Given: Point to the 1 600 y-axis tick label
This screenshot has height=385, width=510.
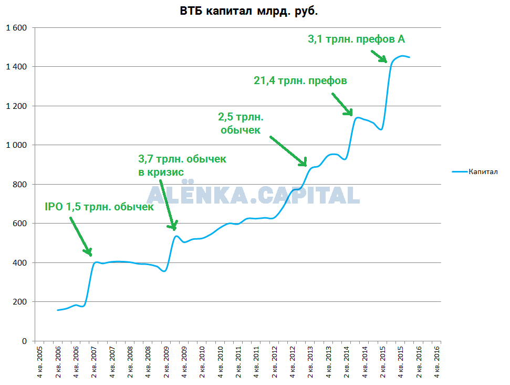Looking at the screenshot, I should tap(16, 27).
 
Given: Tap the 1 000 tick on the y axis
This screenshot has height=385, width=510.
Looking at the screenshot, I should tap(16, 145).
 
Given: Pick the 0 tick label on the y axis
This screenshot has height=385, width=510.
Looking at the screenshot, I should tap(24, 341).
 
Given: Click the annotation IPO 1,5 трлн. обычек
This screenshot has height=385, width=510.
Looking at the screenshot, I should tap(99, 207).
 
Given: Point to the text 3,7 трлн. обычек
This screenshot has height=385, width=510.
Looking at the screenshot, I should tap(182, 159).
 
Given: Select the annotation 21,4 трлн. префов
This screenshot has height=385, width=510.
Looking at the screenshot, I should tap(300, 80).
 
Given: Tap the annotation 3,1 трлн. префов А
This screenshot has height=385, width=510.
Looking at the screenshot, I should tap(356, 38).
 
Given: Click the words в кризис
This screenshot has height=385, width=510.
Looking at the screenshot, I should tap(161, 173).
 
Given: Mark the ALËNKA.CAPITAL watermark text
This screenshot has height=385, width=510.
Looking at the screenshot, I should tap(253, 196).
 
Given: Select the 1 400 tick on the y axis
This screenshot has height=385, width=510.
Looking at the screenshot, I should tap(16, 67).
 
